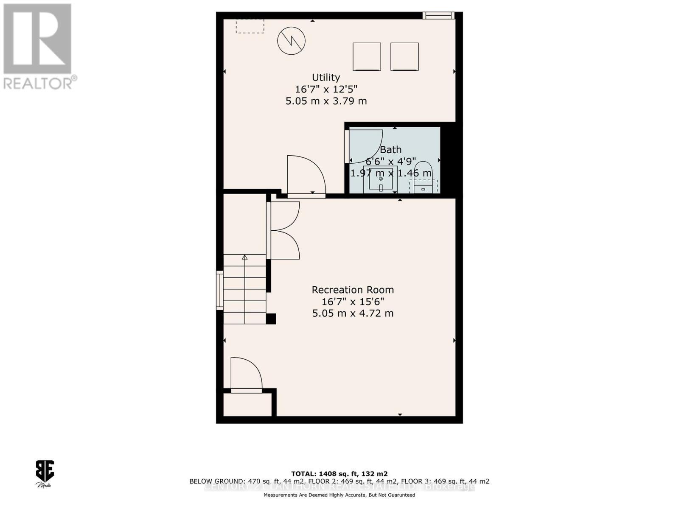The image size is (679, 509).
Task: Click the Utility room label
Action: coord(326,78)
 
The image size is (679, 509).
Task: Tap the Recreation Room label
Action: coord(353,290)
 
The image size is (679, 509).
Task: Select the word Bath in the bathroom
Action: coord(390,150)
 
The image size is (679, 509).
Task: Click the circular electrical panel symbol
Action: coord(292,41)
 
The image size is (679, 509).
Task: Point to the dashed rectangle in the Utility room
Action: coord(250,26)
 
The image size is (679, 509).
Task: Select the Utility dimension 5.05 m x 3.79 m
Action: coord(326,101)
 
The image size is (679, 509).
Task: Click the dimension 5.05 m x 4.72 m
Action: coord(353,313)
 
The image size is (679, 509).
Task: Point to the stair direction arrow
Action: coord(245,257)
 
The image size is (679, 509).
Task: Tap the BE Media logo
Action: coord(44,473)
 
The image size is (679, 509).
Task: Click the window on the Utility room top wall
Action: coord(438,16)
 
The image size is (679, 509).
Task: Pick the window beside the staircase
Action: coord(219,290)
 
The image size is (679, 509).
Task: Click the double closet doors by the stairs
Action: coord(284,230)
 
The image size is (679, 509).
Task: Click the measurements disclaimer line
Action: coord(339,495)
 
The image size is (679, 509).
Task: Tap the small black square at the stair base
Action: coord(271,319)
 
